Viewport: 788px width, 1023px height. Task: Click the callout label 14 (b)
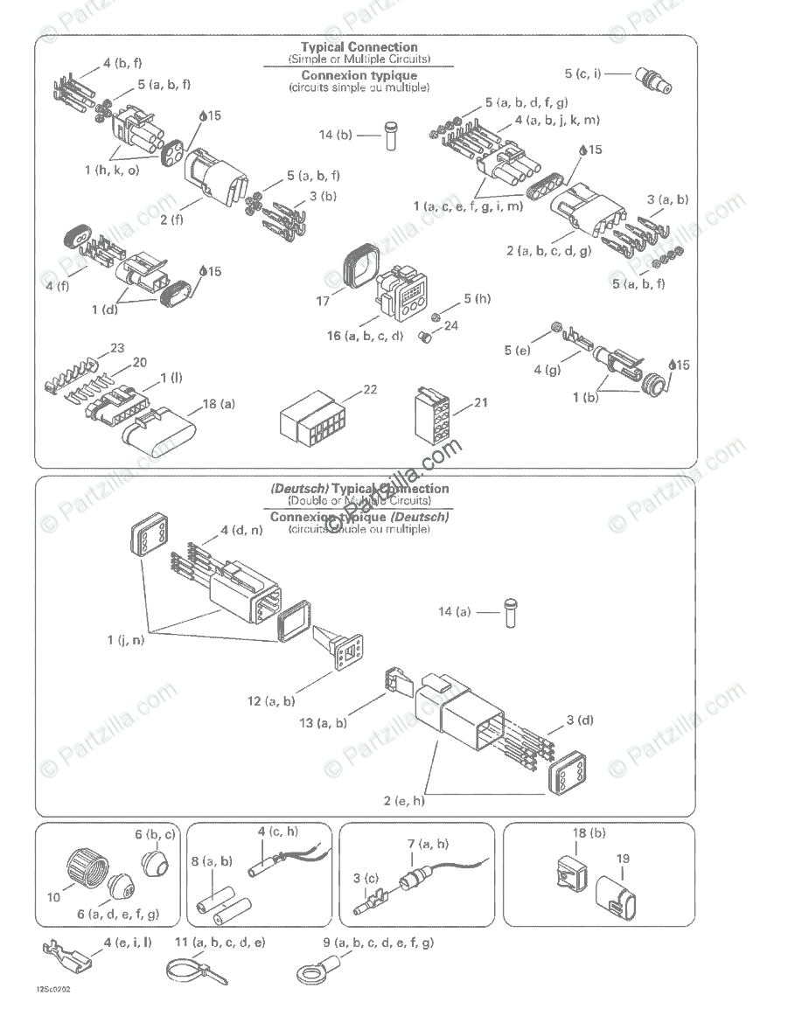click(335, 135)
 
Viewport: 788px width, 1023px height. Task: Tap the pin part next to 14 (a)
click(508, 611)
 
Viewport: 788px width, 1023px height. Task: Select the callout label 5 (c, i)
click(582, 73)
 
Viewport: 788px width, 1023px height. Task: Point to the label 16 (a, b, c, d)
click(373, 336)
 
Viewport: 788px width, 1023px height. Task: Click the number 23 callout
click(116, 348)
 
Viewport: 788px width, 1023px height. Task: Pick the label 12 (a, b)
click(271, 700)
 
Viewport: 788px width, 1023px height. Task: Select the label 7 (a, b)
click(428, 843)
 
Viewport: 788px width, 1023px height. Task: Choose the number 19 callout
click(622, 859)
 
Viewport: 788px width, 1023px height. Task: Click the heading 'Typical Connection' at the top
click(359, 47)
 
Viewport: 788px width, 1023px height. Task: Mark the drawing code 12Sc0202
click(53, 990)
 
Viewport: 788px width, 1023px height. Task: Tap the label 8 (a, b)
click(213, 861)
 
